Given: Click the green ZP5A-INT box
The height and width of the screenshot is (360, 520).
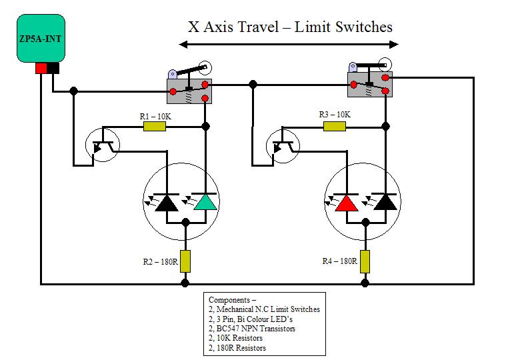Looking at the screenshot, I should click(40, 39).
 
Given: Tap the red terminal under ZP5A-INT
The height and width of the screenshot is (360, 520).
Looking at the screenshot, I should click(41, 67).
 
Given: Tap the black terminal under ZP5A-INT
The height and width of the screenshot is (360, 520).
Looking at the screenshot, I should click(53, 67).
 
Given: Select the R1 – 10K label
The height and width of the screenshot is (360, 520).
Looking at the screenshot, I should click(155, 117).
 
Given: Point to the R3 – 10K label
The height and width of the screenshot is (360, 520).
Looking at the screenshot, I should click(334, 115).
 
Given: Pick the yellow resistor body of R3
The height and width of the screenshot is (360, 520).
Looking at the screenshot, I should click(334, 126).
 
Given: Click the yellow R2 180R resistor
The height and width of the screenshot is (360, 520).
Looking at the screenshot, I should click(185, 261).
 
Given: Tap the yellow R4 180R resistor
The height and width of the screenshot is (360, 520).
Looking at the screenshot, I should click(365, 261).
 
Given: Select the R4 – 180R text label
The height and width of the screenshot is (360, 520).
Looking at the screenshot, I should click(338, 261).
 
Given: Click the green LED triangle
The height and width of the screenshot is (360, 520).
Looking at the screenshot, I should click(205, 203).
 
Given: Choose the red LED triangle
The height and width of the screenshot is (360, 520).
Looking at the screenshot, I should click(345, 203).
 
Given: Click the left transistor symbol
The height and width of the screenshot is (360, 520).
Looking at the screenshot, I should click(102, 146).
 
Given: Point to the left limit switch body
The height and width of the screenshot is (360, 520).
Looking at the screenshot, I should click(189, 90).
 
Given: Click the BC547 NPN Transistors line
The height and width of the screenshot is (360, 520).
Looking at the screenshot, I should click(251, 329).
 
